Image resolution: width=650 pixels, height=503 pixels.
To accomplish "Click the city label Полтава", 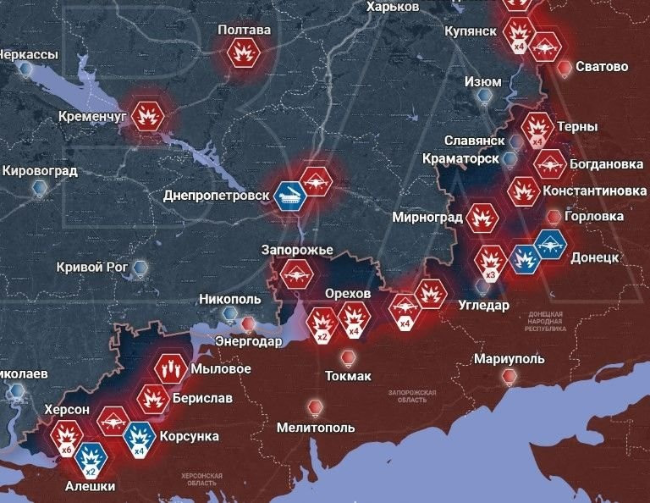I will click(x=244, y=30).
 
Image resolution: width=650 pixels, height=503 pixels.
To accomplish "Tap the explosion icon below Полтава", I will click(x=244, y=54).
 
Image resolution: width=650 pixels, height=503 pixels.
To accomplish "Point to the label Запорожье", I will click(x=296, y=251).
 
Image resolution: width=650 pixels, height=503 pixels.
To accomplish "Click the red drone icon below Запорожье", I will click(x=297, y=274).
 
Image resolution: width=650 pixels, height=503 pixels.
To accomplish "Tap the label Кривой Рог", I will click(x=91, y=268).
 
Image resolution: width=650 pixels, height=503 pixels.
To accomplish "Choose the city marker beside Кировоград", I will click(x=38, y=192).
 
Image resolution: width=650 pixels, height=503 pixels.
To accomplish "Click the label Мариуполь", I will click(x=509, y=358).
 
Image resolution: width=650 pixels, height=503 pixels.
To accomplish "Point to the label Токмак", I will click(x=347, y=376).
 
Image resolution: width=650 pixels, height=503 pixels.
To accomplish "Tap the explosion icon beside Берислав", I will click(x=153, y=397).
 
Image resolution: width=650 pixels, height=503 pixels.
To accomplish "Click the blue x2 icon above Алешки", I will click(x=91, y=459).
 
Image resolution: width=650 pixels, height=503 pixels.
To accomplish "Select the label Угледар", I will click(x=483, y=306).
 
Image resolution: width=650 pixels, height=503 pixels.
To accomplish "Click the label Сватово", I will click(x=601, y=66).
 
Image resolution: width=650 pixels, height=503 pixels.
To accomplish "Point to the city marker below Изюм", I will click(x=484, y=97).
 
